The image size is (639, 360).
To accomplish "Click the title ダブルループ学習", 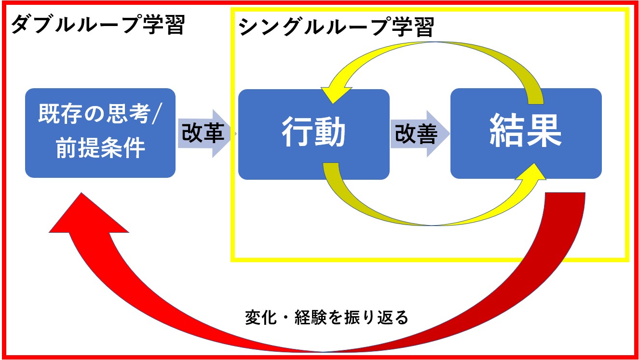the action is [98, 25].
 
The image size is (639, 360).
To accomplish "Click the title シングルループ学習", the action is [336, 27].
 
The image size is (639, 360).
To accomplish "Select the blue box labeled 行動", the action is [314, 134].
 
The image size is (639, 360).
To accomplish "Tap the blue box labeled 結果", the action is [526, 133].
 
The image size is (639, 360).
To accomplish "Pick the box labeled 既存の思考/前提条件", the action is [100, 133].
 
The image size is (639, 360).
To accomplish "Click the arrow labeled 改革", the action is [205, 133].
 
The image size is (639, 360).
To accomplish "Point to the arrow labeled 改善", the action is [420, 133].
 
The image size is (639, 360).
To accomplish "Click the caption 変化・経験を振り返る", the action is [327, 318].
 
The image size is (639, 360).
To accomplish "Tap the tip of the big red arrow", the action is [82, 193].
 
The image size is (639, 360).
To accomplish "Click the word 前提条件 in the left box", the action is [100, 148].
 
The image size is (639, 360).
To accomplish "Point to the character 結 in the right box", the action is [507, 131].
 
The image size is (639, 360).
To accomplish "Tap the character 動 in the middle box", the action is [330, 132].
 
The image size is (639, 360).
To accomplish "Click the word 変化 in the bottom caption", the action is [261, 318].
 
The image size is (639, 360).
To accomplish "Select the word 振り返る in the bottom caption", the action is [377, 318].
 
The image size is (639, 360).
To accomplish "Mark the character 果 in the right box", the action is [544, 131].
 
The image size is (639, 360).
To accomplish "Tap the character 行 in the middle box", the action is [297, 132].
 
